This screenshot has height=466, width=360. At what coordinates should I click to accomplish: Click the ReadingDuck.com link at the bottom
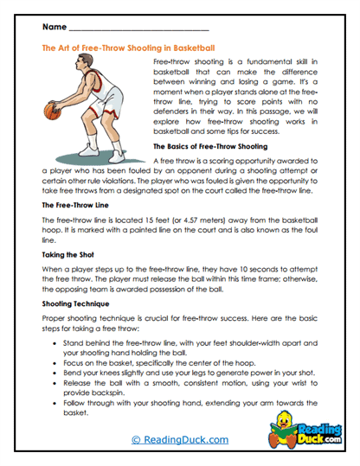178,439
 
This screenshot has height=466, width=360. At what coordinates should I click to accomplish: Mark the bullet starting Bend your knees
190,378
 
